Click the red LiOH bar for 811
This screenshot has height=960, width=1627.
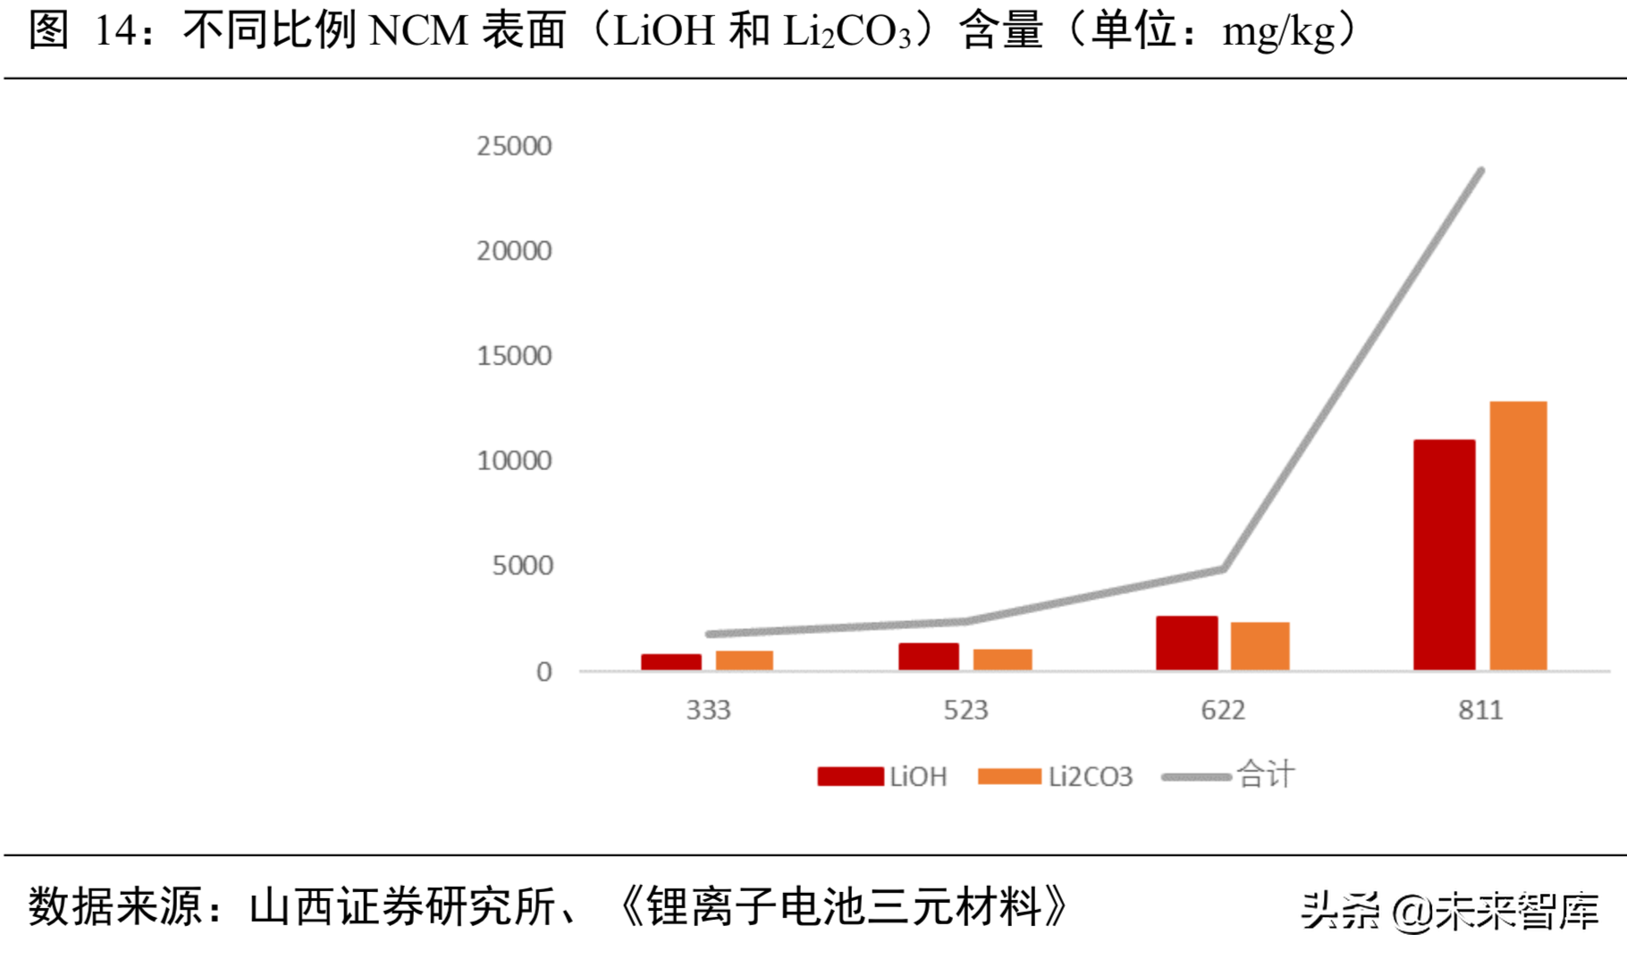(x=1444, y=555)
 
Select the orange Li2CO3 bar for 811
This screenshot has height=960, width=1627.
(x=1518, y=536)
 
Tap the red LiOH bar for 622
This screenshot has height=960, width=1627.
(x=1186, y=643)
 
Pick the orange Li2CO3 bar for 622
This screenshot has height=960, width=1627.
(x=1260, y=646)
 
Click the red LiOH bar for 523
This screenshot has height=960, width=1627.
(x=928, y=656)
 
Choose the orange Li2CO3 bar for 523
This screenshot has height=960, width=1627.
(x=1002, y=660)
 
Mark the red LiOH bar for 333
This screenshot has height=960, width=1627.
(x=670, y=662)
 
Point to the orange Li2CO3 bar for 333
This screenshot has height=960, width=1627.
(x=744, y=661)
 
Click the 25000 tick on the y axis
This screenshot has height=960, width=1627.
(x=514, y=146)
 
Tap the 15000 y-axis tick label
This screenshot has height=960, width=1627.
(x=514, y=356)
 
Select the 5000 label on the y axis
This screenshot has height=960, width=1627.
(x=522, y=566)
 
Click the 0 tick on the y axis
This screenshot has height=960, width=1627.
(x=544, y=672)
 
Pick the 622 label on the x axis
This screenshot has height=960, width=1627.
(x=1223, y=711)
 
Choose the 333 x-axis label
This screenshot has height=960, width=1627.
(x=708, y=711)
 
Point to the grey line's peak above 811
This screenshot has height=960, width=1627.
(x=1480, y=172)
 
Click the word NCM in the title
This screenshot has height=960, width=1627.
(x=418, y=31)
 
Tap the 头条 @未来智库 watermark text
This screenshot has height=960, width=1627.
(x=1448, y=912)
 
